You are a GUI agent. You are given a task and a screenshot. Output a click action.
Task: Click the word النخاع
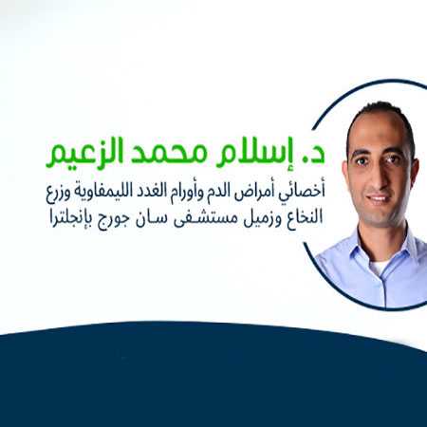(x=304, y=217)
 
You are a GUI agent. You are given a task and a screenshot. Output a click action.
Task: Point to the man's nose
(x=381, y=179)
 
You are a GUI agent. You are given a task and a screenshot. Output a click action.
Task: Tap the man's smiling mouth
(x=379, y=198)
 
